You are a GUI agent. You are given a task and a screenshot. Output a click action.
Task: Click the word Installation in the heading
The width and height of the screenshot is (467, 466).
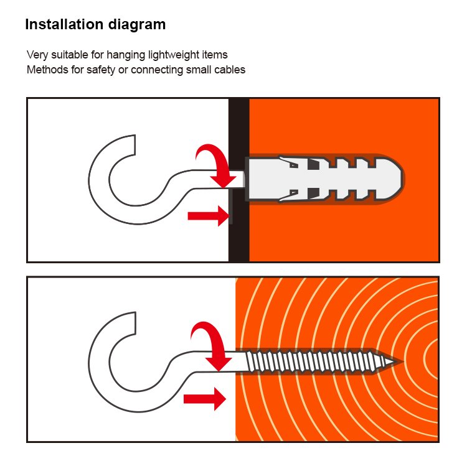64,24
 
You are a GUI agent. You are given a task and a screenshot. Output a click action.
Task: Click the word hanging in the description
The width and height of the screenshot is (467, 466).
126,55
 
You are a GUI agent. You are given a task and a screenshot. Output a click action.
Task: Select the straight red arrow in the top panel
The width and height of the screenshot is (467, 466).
209,216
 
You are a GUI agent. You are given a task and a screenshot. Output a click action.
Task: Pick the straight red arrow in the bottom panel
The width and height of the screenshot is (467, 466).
205,399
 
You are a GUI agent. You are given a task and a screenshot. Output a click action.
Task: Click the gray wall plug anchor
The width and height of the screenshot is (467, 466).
324,179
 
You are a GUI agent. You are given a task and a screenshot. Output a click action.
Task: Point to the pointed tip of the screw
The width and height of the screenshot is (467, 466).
402,361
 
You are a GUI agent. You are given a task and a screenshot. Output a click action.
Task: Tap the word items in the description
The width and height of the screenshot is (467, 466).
215,55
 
